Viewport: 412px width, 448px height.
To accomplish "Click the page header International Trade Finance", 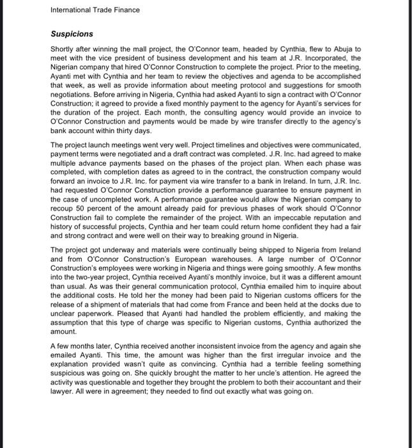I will coord(94,10).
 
